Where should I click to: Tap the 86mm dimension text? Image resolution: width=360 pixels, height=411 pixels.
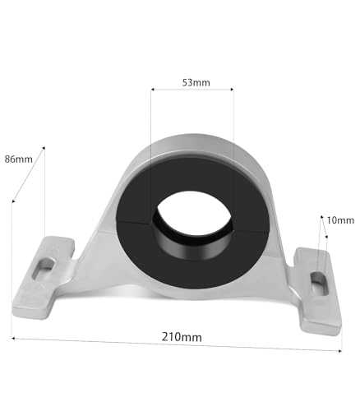coord(18,158)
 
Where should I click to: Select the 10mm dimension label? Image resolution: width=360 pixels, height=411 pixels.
coord(339,220)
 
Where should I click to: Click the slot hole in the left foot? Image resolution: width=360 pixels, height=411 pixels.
coord(45,265)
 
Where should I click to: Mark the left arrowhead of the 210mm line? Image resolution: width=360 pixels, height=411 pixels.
coord(14,337)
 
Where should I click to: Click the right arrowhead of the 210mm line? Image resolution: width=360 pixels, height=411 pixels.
coord(339,351)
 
